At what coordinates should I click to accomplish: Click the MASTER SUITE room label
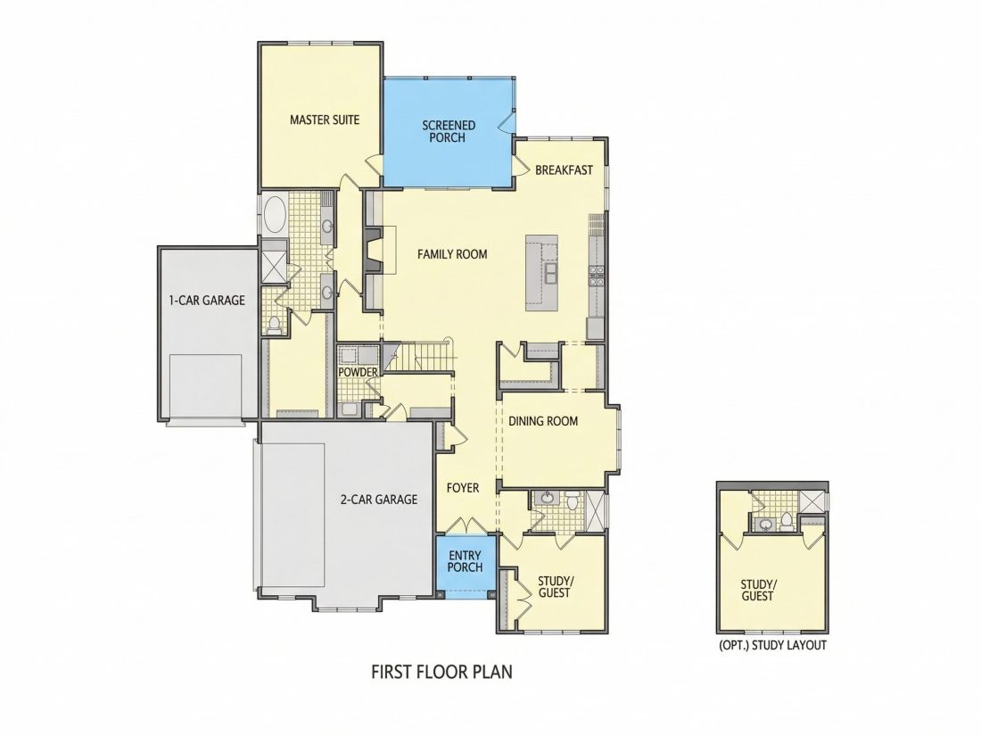point(325,120)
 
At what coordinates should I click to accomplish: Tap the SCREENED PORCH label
point(448,131)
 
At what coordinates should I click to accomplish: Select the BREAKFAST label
point(564,170)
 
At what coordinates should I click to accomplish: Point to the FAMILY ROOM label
point(452,254)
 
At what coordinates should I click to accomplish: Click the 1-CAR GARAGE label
point(207,301)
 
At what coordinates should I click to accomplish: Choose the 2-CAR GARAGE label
point(378,500)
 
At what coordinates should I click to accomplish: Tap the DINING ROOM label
point(542,421)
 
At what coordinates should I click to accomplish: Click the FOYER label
point(463,487)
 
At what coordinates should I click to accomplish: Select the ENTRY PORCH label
point(465,561)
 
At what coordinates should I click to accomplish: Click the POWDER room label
point(358,372)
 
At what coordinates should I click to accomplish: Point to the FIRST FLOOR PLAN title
point(441,672)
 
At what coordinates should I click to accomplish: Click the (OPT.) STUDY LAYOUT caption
point(772,645)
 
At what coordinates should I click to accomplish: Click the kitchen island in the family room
point(542,273)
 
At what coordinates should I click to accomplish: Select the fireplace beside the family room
point(374,250)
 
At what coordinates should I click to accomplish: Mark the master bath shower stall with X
point(274,265)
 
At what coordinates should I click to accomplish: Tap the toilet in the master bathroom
point(274,324)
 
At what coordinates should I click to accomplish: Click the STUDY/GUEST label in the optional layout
point(758,591)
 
